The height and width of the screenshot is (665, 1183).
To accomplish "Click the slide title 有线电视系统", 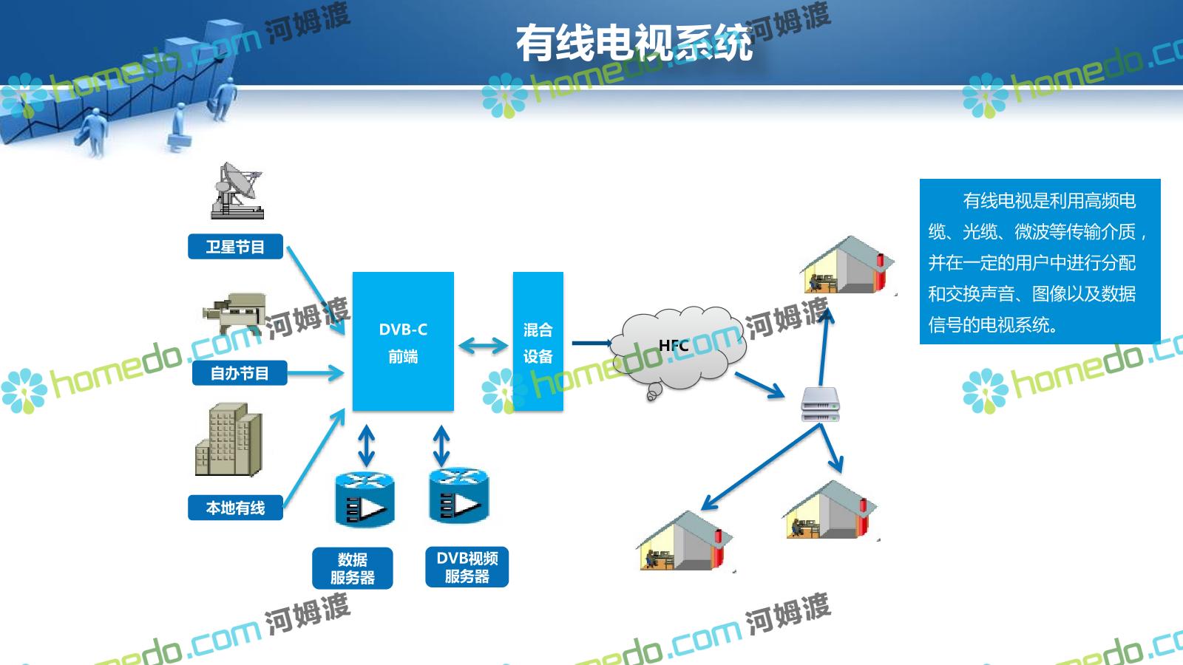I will click(634, 43).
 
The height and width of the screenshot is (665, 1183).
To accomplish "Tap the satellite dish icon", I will click(237, 191).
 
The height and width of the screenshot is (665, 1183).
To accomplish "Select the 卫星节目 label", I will click(235, 247).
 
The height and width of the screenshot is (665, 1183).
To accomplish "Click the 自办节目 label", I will click(239, 373).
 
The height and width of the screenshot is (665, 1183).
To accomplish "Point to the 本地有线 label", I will click(235, 508).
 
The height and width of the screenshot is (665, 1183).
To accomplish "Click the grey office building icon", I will click(228, 440).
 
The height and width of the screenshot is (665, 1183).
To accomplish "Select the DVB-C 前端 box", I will click(403, 341).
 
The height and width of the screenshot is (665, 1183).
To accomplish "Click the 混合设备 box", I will click(538, 341).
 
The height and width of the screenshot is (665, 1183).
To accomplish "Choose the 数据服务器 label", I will click(352, 568).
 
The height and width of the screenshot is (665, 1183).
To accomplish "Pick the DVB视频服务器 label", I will click(467, 567).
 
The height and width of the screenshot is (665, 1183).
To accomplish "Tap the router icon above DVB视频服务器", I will click(458, 495).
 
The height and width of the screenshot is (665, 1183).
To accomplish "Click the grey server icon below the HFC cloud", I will click(820, 405).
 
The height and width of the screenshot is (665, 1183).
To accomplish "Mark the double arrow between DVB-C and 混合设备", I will click(483, 344).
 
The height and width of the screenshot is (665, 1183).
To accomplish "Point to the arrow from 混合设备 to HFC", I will click(592, 343).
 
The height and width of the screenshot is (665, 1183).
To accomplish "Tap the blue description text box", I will click(1040, 262).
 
